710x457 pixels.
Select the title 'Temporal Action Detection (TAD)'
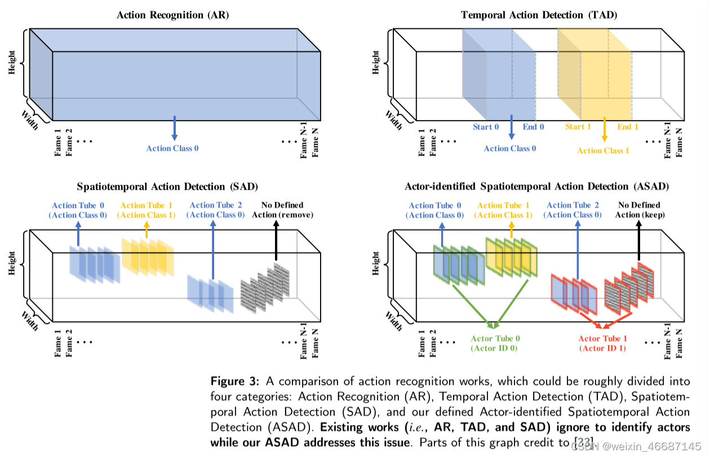[x=539, y=15]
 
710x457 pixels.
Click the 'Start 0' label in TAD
[x=486, y=127]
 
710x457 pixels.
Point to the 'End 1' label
[x=628, y=127]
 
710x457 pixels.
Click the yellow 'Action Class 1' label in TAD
[x=603, y=150]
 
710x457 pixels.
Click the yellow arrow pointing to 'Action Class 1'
[x=604, y=129]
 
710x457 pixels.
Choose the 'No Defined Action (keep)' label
[x=639, y=210]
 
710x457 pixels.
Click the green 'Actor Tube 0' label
[x=495, y=343]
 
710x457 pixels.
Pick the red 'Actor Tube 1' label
[x=602, y=343]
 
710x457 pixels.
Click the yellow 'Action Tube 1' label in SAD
[x=147, y=210]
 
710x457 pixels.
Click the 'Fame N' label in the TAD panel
[x=679, y=143]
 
